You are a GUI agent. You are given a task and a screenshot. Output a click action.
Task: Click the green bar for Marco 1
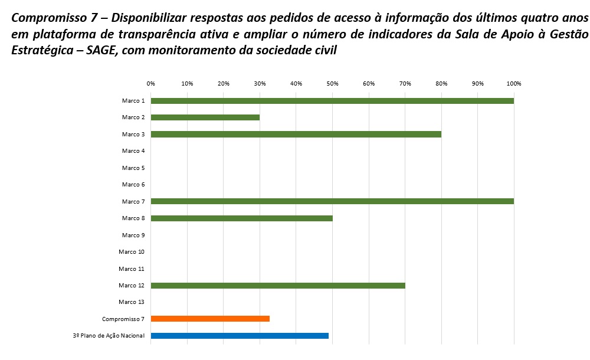point(332,101)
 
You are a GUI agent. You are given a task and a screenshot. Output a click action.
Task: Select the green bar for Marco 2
point(205,117)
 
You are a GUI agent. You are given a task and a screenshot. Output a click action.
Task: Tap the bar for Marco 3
point(296,134)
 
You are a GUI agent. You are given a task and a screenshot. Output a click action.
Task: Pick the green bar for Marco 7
point(332,201)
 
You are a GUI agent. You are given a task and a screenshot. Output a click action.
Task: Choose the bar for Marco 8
point(242,218)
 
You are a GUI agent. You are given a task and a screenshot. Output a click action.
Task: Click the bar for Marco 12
point(278,286)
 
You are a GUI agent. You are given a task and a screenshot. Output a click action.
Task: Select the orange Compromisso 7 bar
point(210,319)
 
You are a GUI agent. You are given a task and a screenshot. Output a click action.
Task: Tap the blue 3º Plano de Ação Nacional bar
point(240,336)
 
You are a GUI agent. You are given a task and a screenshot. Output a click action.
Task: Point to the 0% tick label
point(151,84)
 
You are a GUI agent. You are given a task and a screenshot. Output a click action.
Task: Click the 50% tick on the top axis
point(333,84)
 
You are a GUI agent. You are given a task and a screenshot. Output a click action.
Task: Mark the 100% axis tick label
point(514,84)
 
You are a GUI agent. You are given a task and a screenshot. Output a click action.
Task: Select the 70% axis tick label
point(405,84)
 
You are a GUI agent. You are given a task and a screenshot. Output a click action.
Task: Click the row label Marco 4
point(133,151)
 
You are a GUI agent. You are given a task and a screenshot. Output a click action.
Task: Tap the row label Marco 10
point(132,252)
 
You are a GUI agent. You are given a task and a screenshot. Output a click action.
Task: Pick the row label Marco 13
point(132,302)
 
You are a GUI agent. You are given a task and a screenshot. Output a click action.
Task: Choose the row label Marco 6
point(133,185)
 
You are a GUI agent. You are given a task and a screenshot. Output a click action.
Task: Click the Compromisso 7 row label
point(123,319)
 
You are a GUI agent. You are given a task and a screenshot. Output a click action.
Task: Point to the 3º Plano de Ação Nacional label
point(109,336)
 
